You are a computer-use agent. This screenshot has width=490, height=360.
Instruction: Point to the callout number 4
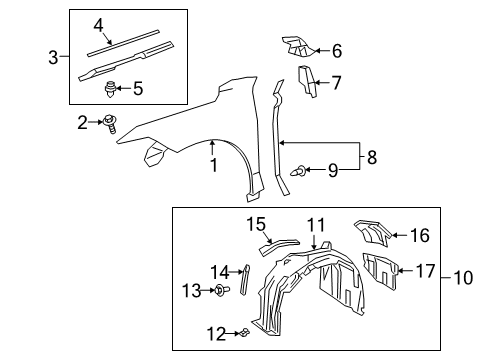pos(99,24)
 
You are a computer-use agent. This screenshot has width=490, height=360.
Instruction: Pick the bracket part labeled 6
pos(298,46)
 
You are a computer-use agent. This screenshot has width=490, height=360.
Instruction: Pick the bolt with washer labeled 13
pos(219,290)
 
